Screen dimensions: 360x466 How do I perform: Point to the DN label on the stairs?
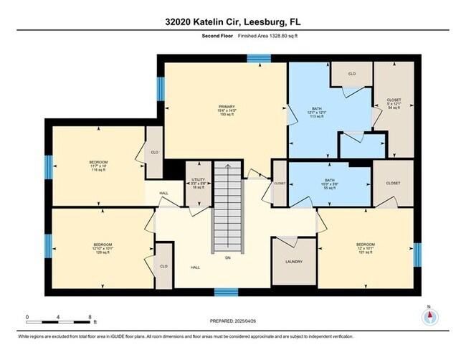(228, 257)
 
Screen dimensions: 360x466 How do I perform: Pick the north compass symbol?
(428, 316)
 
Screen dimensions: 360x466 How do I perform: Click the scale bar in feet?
(58, 316)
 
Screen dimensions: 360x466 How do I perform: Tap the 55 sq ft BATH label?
(330, 184)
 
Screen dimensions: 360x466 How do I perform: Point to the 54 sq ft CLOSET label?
(394, 104)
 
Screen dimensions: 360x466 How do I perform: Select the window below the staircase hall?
(227, 292)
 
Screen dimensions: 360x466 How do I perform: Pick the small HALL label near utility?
(164, 192)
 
